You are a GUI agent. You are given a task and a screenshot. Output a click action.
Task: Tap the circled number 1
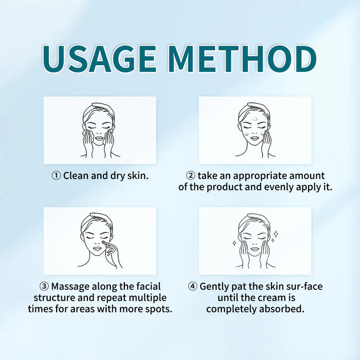click(56, 176)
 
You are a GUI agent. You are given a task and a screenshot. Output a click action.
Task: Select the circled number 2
click(191, 176)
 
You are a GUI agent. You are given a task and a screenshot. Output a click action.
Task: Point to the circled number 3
click(44, 287)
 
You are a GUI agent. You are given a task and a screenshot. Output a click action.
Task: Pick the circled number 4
click(192, 287)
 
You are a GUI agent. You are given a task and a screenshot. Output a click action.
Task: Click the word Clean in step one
click(76, 176)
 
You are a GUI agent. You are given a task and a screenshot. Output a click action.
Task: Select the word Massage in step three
click(70, 287)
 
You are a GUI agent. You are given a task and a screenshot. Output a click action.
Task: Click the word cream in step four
click(270, 298)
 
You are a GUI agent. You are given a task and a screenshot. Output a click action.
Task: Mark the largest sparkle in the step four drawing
click(276, 234)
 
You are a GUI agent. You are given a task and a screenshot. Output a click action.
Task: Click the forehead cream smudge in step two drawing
click(255, 119)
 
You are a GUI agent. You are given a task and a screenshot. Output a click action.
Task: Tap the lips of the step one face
click(99, 139)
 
